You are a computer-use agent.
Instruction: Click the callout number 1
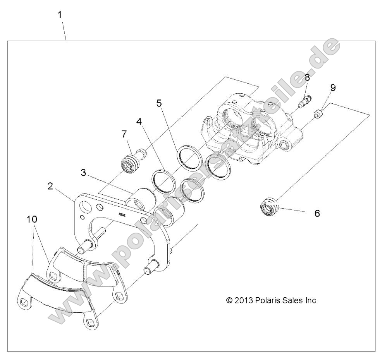click(60, 15)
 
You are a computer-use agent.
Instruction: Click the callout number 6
click(317, 213)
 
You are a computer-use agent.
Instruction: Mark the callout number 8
click(307, 77)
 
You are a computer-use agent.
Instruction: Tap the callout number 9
click(333, 88)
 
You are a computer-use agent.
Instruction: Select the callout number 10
click(32, 219)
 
